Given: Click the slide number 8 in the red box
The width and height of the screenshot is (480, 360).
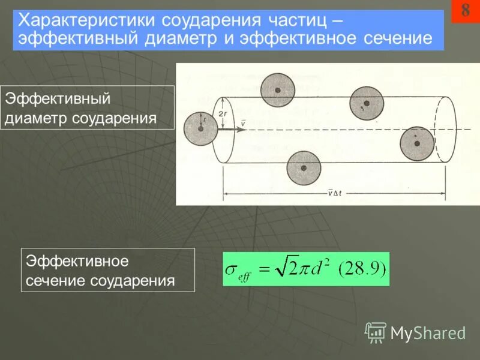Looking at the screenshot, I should [466, 10].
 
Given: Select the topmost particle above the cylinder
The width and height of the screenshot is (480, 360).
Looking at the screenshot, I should [278, 89].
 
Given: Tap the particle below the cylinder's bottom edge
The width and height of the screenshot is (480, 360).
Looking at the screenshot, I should [304, 169].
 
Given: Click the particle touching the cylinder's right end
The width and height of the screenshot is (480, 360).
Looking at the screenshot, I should [417, 143].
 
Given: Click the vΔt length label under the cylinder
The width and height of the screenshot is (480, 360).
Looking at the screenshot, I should [334, 193].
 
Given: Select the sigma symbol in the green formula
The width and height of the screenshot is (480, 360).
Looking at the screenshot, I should [231, 269].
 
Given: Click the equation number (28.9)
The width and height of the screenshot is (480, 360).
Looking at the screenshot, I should [363, 268].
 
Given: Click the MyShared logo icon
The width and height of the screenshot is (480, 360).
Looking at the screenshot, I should [376, 332].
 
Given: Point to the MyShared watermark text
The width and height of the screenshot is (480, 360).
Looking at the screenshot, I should [428, 333].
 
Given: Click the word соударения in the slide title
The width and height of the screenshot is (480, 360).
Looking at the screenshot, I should [210, 20].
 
